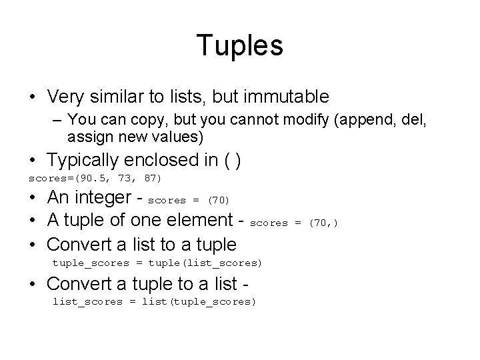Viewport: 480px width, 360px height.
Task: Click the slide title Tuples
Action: [x=240, y=45]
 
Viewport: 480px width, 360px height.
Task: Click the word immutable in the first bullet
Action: [x=288, y=97]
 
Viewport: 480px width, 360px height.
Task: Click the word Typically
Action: [x=85, y=161]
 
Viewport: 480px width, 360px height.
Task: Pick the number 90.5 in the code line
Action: [x=86, y=179]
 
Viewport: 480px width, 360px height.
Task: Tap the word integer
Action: [x=103, y=198]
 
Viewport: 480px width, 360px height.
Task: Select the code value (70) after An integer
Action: [x=219, y=200]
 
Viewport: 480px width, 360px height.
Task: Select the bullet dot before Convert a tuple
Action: [x=33, y=285]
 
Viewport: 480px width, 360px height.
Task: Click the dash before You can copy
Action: [x=57, y=121]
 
